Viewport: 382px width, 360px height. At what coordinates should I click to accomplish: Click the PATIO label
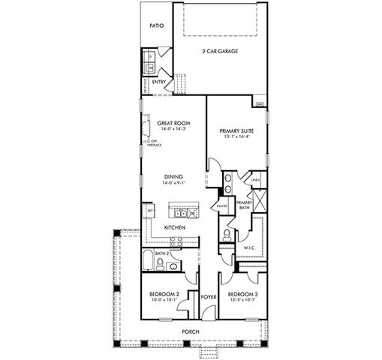[156, 25]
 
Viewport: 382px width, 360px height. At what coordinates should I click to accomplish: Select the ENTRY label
[158, 82]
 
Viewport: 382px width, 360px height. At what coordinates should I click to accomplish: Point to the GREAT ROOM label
[173, 122]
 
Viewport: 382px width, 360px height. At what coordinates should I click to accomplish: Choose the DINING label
[173, 177]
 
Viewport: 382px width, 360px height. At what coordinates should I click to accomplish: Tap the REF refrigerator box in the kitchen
[150, 212]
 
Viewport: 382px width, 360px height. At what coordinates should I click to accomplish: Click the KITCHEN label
[175, 226]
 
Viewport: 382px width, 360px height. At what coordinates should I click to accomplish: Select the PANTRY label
[221, 205]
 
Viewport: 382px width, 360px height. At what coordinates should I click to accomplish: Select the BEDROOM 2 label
[164, 294]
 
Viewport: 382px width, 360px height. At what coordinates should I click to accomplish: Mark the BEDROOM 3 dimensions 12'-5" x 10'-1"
[242, 300]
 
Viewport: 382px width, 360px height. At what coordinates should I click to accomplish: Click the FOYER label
[209, 297]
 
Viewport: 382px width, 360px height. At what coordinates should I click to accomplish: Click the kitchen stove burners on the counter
[176, 241]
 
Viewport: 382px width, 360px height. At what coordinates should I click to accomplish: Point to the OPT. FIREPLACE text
[150, 142]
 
